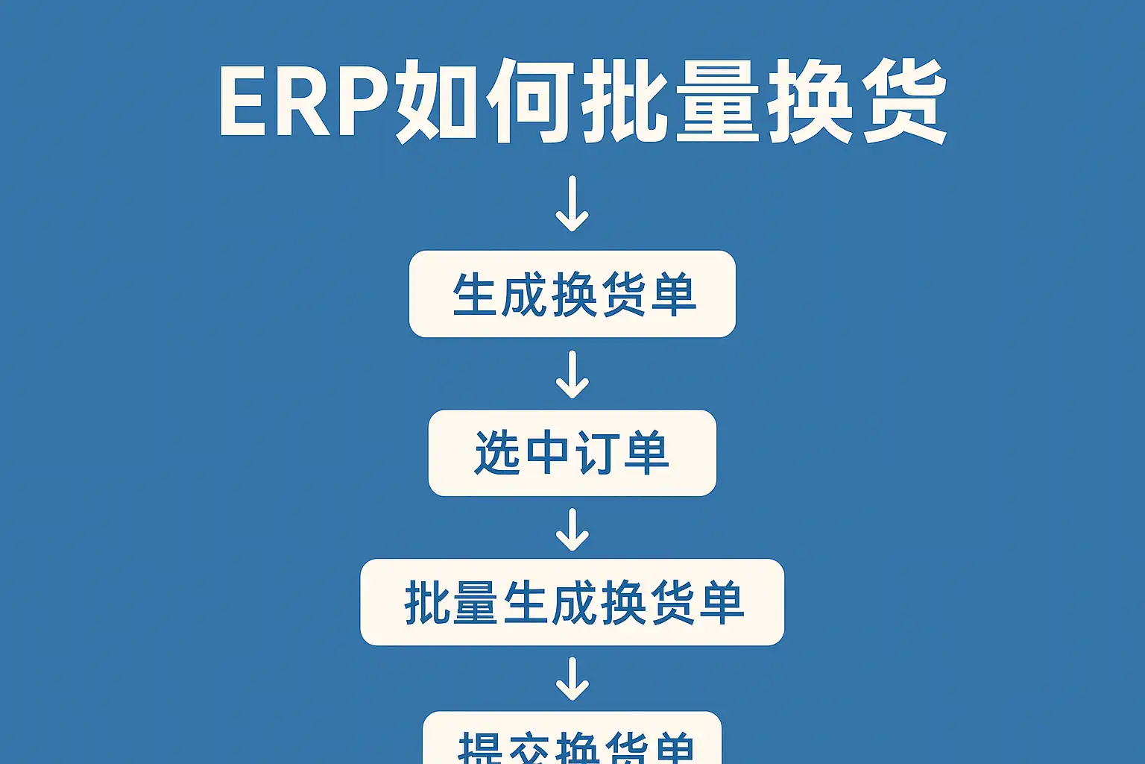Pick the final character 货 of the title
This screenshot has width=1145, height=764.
pos(903,101)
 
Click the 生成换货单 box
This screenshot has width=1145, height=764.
pos(572,294)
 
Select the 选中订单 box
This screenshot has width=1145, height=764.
pos(572,453)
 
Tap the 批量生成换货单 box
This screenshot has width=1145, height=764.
pos(572,602)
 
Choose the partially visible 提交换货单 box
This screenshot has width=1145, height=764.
pos(572,742)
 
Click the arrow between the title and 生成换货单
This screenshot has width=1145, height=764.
pos(572,204)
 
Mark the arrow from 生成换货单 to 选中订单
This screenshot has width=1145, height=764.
pos(572,374)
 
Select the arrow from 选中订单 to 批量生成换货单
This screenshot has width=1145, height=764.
pos(572,529)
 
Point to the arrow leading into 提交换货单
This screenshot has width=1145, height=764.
pos(572,678)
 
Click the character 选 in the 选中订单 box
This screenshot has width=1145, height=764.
pos(497,453)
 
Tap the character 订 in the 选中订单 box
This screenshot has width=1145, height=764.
pos(596,453)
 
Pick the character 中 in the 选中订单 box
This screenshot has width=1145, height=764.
pos(546,453)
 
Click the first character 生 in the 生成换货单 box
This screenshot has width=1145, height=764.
pos(475,295)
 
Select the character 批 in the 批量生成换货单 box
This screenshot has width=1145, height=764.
pos(426,603)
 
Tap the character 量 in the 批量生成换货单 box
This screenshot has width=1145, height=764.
pos(475,603)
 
